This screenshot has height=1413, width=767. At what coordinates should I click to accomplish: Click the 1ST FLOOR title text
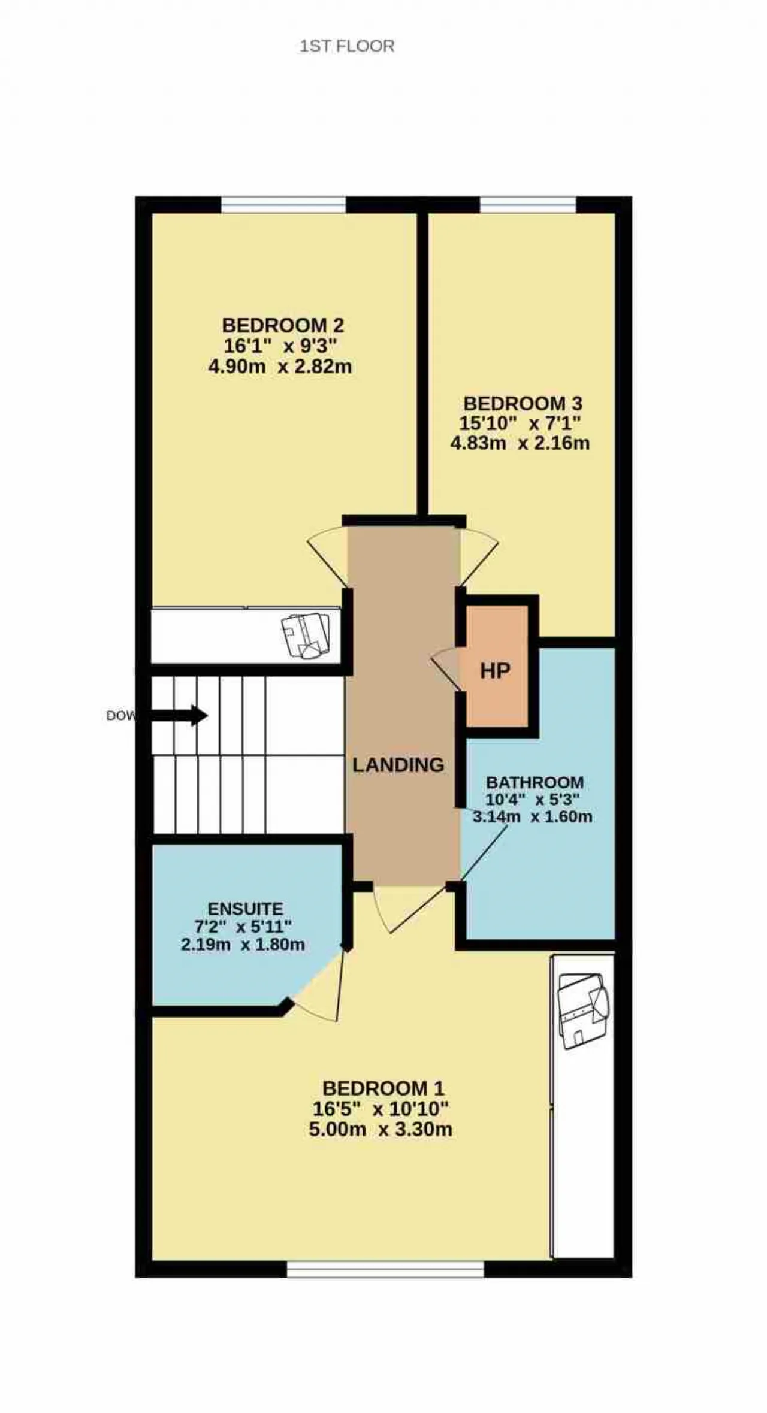347,46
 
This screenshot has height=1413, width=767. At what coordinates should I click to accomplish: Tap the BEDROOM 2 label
283,325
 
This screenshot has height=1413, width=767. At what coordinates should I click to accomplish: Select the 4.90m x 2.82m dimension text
280,366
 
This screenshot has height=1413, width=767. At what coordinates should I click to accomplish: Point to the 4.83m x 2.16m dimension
520,443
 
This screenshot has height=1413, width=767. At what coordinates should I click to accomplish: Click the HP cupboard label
495,671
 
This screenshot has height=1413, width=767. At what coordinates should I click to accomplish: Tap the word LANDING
398,765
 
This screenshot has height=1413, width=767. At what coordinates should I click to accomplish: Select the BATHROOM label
535,782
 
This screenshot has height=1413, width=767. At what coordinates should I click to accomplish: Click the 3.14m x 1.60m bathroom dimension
533,816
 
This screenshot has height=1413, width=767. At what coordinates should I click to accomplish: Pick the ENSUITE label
245,909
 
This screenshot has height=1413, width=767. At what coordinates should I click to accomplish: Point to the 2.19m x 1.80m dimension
243,945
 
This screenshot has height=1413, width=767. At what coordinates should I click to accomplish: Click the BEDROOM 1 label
383,1088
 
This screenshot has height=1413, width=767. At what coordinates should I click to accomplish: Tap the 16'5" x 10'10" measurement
381,1109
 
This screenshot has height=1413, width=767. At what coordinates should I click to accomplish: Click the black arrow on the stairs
179,715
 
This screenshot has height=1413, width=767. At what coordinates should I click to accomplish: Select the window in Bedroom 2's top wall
283,205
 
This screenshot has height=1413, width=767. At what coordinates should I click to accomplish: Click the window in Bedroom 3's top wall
528,205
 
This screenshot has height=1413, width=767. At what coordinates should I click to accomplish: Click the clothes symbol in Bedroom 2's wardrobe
306,636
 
